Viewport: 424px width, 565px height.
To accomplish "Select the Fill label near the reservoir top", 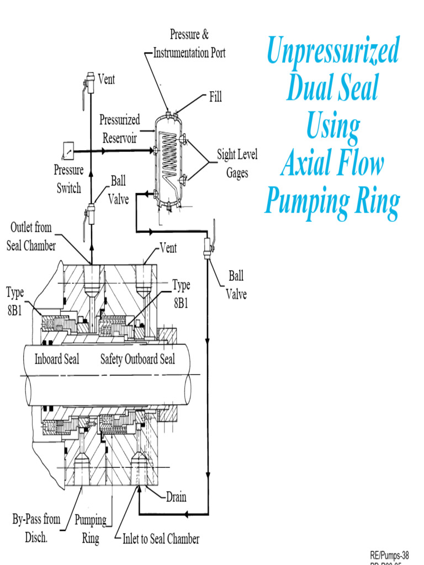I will coord(215,97).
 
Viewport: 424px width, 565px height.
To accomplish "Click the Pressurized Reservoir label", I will coord(120,129).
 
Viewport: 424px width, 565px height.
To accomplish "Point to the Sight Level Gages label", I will coord(237,163).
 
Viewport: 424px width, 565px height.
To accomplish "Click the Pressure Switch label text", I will coord(68,179).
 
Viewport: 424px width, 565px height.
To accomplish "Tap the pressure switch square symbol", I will coord(68,150).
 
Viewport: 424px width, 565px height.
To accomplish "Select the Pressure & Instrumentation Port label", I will coord(189,44).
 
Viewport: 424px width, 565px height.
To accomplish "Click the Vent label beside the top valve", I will coord(107,79).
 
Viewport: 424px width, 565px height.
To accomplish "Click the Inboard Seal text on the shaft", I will coord(57,359).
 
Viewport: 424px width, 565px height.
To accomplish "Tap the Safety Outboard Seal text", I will coord(137,359).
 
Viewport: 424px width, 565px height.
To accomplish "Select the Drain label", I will coord(176,497).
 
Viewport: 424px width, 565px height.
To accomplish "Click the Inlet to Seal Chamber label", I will coord(161,539).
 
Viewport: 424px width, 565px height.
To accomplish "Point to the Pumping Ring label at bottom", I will coord(91,529).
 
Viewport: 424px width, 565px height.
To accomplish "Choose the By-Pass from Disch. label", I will coord(36,528).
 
